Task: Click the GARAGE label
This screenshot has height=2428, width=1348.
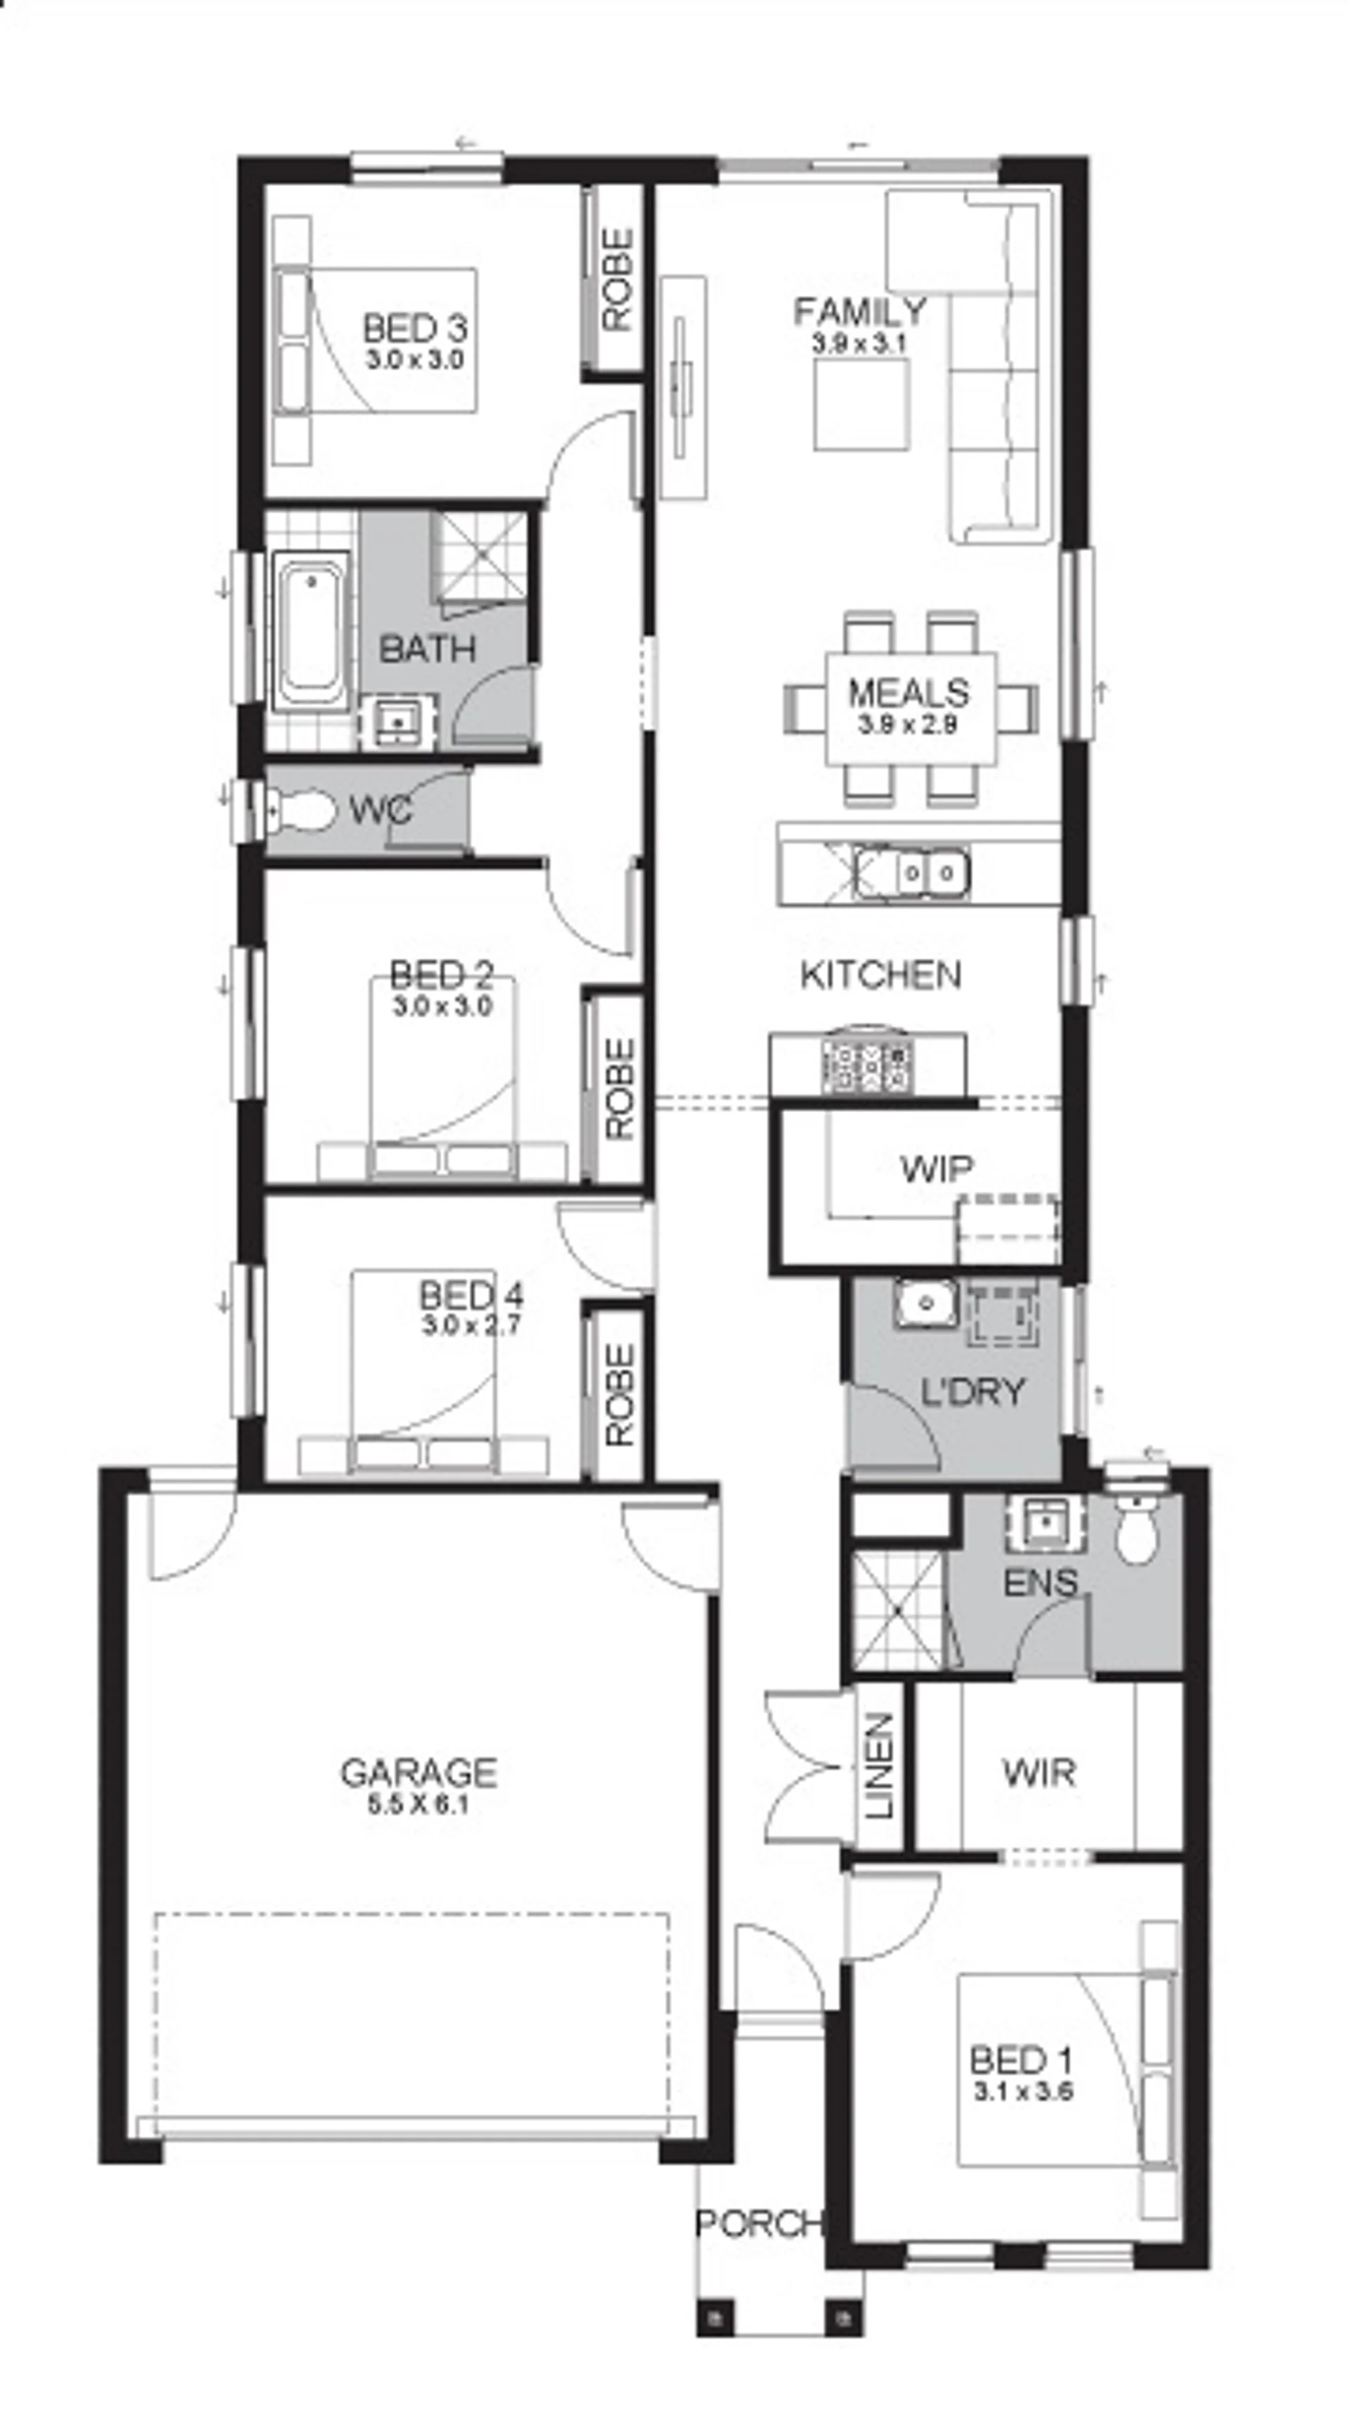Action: click(x=418, y=1772)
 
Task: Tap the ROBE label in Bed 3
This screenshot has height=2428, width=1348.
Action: click(x=617, y=280)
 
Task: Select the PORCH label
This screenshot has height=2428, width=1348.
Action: click(x=759, y=2224)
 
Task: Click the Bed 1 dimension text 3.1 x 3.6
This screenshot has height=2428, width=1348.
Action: click(x=1022, y=2092)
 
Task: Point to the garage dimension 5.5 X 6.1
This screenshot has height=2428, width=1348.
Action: click(x=418, y=1804)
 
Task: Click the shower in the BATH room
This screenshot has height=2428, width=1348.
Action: click(x=478, y=555)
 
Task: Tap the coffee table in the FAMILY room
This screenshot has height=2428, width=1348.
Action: click(x=861, y=404)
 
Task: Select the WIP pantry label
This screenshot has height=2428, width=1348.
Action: click(x=936, y=1169)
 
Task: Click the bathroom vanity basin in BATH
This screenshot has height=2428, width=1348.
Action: click(x=398, y=723)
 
